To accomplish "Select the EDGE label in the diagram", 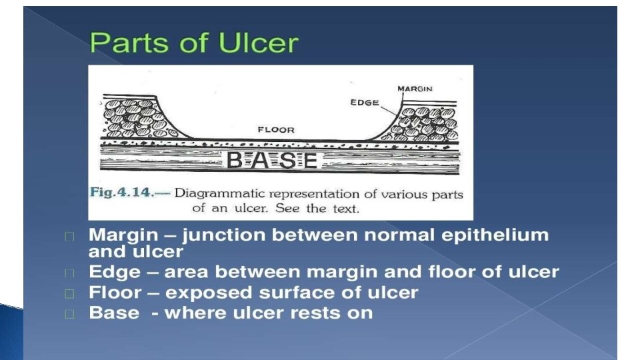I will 365,103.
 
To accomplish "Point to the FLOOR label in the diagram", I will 276,129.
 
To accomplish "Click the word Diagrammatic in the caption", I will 218,193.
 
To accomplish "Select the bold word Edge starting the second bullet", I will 115,273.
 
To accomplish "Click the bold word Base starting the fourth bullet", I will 114,313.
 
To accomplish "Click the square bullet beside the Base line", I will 70,314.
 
